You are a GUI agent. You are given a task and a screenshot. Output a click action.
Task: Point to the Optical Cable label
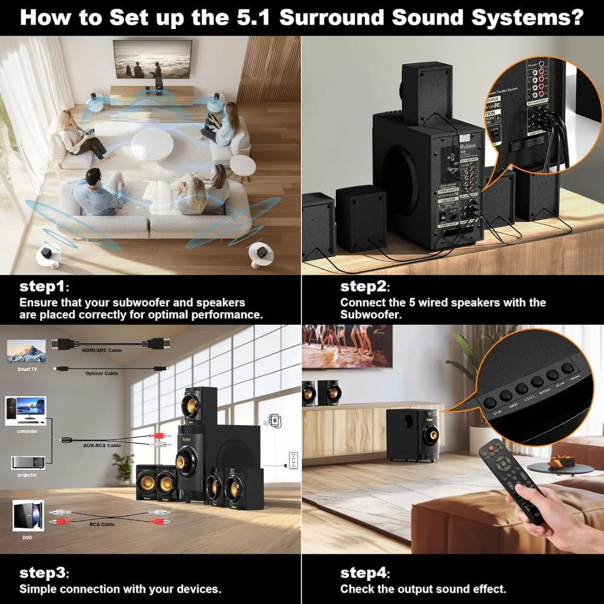[x=101, y=373]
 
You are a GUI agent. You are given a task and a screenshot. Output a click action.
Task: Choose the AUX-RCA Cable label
[x=101, y=445]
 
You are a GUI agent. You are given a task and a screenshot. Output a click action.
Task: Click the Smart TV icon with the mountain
[x=26, y=351]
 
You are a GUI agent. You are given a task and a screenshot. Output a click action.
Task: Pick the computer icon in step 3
[x=25, y=411]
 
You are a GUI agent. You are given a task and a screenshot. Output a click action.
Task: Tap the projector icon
[x=27, y=462]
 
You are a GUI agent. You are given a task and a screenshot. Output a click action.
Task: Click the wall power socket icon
[x=294, y=460]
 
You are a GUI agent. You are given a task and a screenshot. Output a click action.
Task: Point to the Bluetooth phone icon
[x=275, y=420]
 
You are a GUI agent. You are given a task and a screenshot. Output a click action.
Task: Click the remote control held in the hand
[x=511, y=477]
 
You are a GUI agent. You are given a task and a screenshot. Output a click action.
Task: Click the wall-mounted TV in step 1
[x=152, y=59]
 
